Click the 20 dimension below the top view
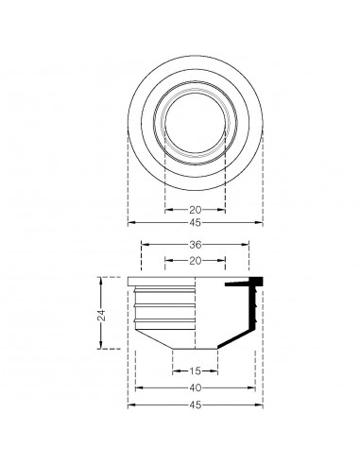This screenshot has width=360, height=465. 196,210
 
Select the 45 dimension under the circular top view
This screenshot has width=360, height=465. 196,224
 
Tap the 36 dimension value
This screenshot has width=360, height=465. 196,244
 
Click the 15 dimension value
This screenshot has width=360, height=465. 196,370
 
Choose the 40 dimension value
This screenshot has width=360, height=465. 196,387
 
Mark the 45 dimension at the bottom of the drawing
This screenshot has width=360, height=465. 196,404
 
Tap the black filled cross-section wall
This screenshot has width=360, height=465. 250,312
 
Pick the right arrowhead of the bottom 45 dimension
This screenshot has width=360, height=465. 261,404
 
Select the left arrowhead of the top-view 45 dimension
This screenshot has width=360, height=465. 130,224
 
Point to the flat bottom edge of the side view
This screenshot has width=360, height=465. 196,348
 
